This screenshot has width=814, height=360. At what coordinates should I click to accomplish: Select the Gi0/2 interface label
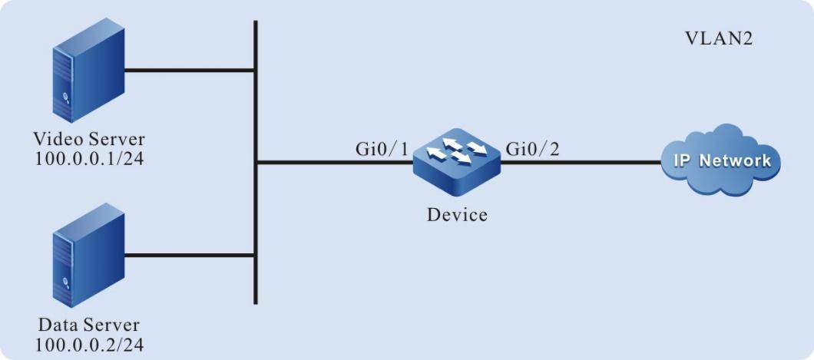tap(533, 148)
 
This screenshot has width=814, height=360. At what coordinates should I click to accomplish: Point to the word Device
tap(457, 215)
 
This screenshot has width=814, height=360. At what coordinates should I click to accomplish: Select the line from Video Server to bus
tap(188, 71)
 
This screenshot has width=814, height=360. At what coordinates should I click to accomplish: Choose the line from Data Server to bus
tap(188, 255)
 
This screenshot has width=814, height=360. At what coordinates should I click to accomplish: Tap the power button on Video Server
tap(66, 97)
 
